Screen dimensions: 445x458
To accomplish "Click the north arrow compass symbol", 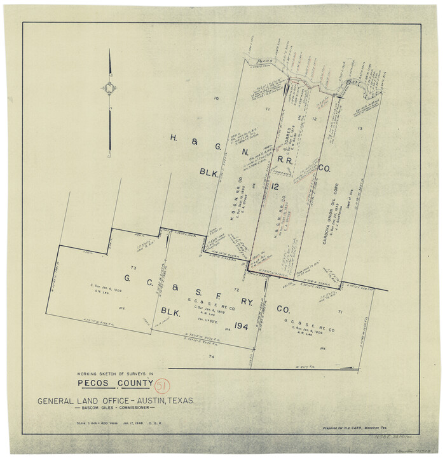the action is [109, 89].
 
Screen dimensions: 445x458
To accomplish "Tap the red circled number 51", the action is [162, 386].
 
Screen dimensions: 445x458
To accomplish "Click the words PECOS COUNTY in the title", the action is [115, 383].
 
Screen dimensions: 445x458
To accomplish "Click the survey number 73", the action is [133, 269].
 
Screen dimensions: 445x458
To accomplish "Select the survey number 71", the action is [340, 312].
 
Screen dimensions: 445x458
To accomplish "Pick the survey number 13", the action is [360, 129].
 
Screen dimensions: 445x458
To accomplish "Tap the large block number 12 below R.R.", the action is [275, 185].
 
